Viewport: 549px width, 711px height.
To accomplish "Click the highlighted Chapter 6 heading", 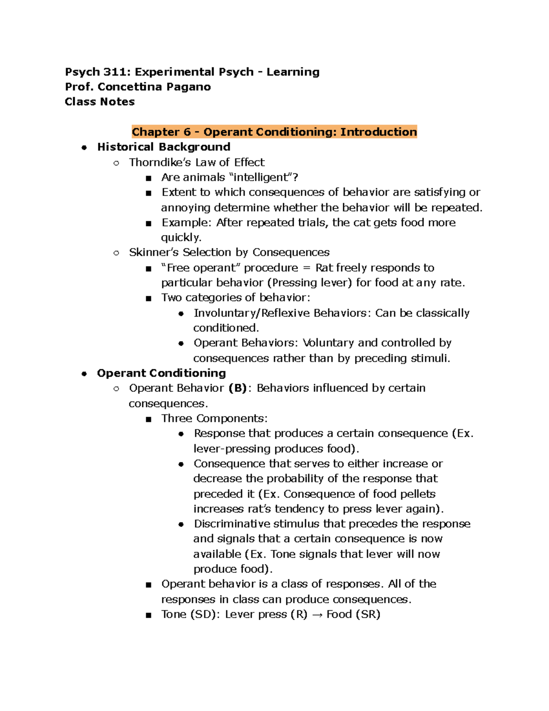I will point(274,132).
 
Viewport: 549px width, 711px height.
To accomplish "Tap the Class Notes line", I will point(100,102).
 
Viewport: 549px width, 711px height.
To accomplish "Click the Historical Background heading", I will point(163,147).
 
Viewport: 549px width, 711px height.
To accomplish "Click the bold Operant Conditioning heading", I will point(161,373).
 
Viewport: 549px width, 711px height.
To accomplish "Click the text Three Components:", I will point(214,418).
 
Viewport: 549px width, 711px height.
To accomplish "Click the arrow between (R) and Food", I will point(317,615).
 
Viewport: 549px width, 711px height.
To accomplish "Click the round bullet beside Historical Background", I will point(84,147).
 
